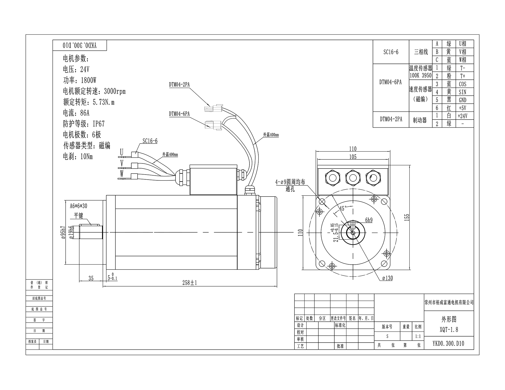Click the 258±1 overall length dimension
[190, 283]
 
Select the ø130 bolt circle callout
[388, 278]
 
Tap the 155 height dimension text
[407, 217]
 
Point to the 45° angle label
[343, 208]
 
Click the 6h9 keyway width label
[369, 220]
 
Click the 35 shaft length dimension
[91, 278]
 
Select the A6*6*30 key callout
[79, 206]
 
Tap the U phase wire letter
[122, 152]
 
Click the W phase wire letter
[122, 174]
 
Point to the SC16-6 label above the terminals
[150, 141]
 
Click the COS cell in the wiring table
[463, 84]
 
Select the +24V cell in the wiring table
[462, 116]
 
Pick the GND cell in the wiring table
[463, 100]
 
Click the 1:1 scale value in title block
[418, 336]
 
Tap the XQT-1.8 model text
[449, 330]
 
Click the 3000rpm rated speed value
[115, 91]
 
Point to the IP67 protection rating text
[98, 124]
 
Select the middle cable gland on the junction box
[353, 178]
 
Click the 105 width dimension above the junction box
[353, 157]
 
